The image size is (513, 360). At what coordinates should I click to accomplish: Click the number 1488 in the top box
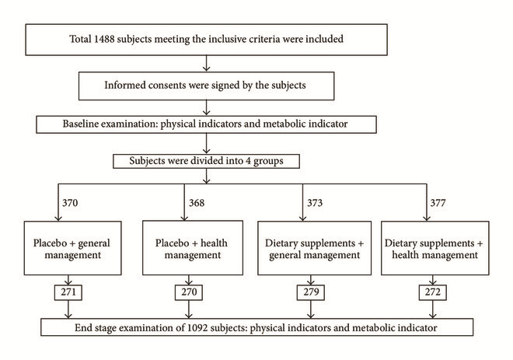click(x=104, y=39)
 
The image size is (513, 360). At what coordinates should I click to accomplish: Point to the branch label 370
click(x=70, y=203)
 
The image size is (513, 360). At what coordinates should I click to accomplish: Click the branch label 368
click(x=197, y=203)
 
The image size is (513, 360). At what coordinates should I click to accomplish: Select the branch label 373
click(x=315, y=203)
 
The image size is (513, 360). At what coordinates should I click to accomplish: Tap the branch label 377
click(x=438, y=203)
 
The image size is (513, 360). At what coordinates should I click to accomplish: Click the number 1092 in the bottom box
click(x=197, y=328)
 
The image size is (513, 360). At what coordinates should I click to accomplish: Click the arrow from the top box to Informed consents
click(x=206, y=63)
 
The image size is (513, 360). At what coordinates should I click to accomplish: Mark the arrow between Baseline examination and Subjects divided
click(x=206, y=143)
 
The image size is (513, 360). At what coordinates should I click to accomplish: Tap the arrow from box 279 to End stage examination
click(x=311, y=309)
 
